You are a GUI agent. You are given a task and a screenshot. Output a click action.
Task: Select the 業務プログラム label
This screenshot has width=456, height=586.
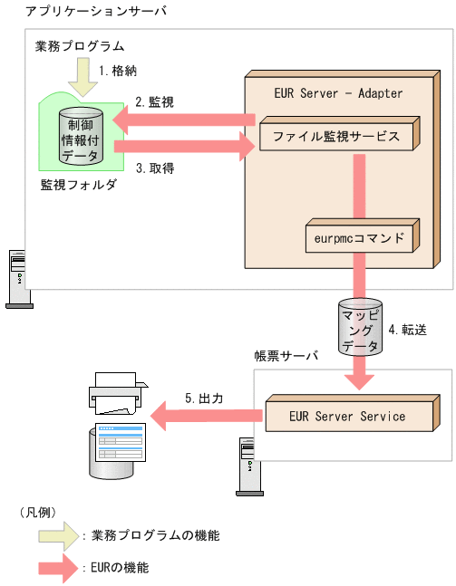(79, 45)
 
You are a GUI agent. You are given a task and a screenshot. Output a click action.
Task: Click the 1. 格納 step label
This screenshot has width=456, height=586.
(117, 70)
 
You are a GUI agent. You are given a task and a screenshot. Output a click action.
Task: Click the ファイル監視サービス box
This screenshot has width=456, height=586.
(335, 138)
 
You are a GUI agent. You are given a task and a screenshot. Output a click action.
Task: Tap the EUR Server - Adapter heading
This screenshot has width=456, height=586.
(337, 93)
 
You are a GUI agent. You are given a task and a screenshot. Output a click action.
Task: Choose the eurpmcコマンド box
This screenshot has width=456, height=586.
(360, 239)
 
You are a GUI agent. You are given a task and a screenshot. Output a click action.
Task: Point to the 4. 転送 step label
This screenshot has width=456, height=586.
(407, 329)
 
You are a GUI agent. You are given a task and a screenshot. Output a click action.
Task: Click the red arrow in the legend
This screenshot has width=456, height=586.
(58, 569)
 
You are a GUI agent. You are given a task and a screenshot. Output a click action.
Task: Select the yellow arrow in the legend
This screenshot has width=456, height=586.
(58, 535)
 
